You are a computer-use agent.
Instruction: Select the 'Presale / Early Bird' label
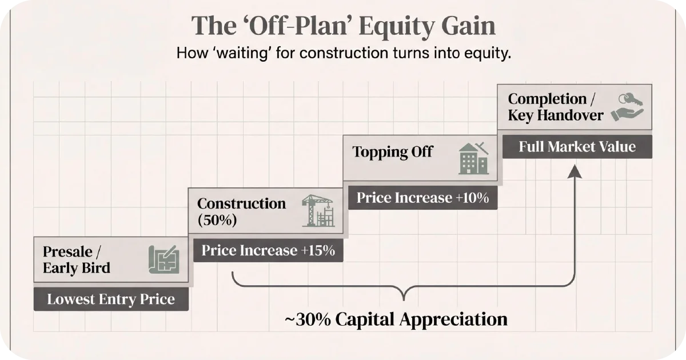(76, 259)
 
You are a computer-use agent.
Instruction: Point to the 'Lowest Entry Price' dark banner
(111, 299)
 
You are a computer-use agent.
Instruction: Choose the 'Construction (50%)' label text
(241, 211)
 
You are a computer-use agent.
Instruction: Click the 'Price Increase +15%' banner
(268, 250)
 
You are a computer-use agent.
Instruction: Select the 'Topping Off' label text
(392, 152)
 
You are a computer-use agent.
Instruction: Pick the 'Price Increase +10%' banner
(422, 198)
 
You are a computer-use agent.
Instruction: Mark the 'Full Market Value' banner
(577, 146)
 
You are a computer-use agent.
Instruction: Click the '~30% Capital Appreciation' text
(396, 319)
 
